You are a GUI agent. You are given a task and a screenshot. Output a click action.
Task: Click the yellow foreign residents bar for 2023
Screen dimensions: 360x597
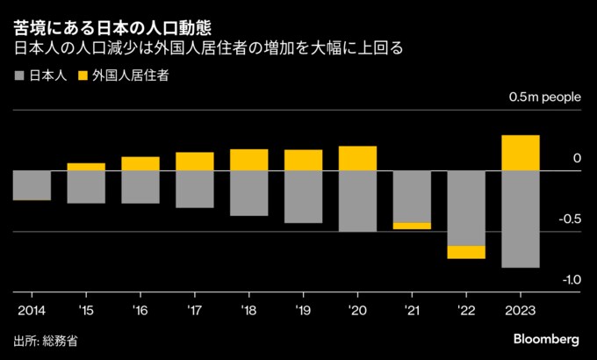[x=520, y=153]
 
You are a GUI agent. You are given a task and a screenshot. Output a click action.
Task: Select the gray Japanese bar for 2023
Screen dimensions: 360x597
[x=520, y=219]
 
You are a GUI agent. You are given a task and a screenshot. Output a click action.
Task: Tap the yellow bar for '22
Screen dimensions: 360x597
[x=465, y=252]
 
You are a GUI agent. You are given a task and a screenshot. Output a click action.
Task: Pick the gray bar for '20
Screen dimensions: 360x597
[x=357, y=201]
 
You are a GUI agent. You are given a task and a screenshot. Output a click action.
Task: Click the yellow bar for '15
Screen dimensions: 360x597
[x=86, y=167]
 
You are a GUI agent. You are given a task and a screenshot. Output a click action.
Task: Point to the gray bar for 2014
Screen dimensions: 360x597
[x=32, y=185]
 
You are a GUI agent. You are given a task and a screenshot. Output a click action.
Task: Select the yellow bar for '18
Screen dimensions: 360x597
[x=248, y=160]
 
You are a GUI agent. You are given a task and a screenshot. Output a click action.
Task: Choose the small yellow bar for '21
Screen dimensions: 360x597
[x=412, y=226]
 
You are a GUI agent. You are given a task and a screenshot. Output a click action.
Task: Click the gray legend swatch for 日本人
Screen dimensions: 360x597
[x=20, y=76]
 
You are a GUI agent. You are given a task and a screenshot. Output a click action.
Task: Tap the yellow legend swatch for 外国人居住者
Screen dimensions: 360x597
[x=85, y=76]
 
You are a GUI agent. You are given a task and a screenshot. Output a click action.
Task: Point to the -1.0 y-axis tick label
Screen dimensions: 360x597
[x=571, y=280]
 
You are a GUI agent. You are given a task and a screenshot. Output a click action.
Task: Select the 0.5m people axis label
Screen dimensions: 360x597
[x=544, y=98]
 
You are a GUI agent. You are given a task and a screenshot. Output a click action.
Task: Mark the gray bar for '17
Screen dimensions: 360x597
[x=194, y=189]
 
